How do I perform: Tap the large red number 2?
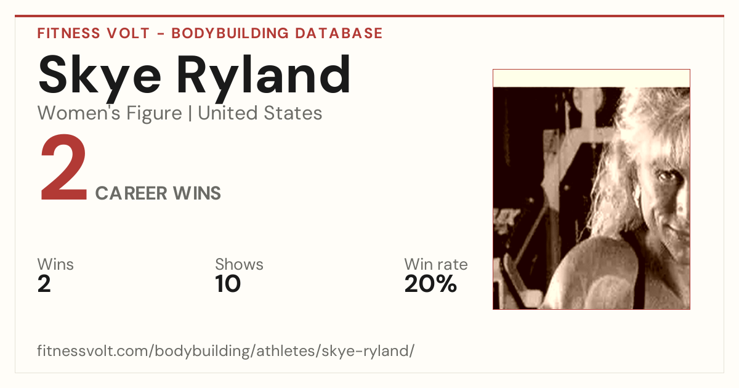point(63,168)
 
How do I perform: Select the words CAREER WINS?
point(158,193)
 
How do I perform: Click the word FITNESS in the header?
point(68,33)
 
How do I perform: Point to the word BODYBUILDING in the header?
point(230,33)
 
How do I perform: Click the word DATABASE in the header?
point(339,33)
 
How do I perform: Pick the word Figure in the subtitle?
point(154,113)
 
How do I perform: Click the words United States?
point(260,113)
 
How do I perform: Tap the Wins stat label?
point(55,264)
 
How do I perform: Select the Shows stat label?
point(239,264)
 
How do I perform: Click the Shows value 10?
point(228,284)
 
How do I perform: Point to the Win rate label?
point(436,264)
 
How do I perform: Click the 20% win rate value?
point(430,284)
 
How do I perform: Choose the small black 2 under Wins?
point(44,284)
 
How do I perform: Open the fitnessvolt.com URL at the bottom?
point(225,350)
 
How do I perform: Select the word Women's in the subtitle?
point(79,113)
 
